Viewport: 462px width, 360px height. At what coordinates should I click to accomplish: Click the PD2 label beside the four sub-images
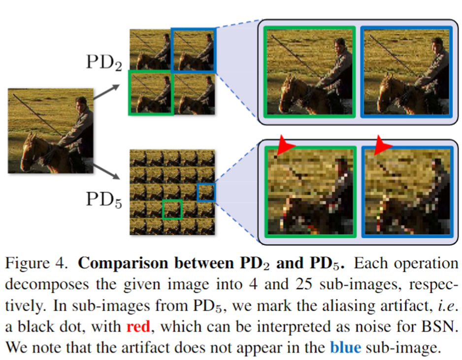click(x=104, y=63)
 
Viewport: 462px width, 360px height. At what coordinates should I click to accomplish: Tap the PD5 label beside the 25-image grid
click(x=104, y=200)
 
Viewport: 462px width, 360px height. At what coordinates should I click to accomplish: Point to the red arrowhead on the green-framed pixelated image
click(x=285, y=145)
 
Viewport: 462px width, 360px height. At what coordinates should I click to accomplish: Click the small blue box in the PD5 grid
click(x=206, y=193)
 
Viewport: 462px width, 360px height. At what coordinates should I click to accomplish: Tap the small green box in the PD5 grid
click(x=172, y=209)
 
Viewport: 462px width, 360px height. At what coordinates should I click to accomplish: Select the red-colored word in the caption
click(x=138, y=327)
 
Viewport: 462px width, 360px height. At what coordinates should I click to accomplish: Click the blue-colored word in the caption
click(x=345, y=347)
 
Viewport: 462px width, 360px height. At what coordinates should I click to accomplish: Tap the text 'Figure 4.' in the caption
click(x=36, y=263)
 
